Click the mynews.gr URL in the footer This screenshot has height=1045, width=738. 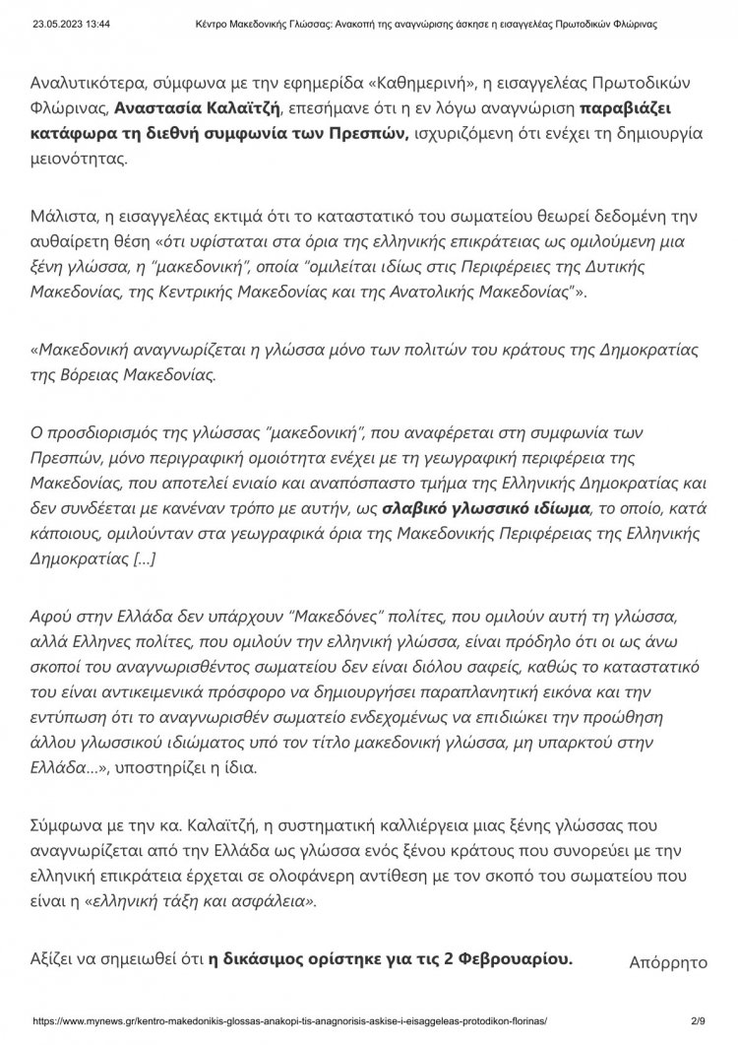click(289, 1022)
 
